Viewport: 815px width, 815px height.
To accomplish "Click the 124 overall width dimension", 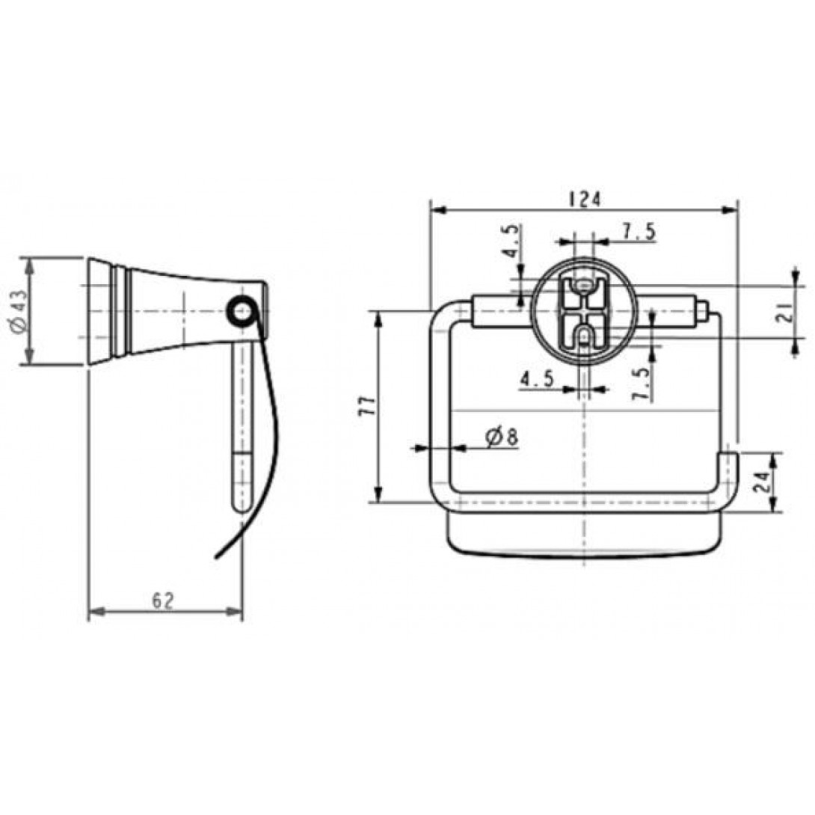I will click(585, 199).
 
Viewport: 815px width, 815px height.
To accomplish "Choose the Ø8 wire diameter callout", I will click(501, 437).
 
